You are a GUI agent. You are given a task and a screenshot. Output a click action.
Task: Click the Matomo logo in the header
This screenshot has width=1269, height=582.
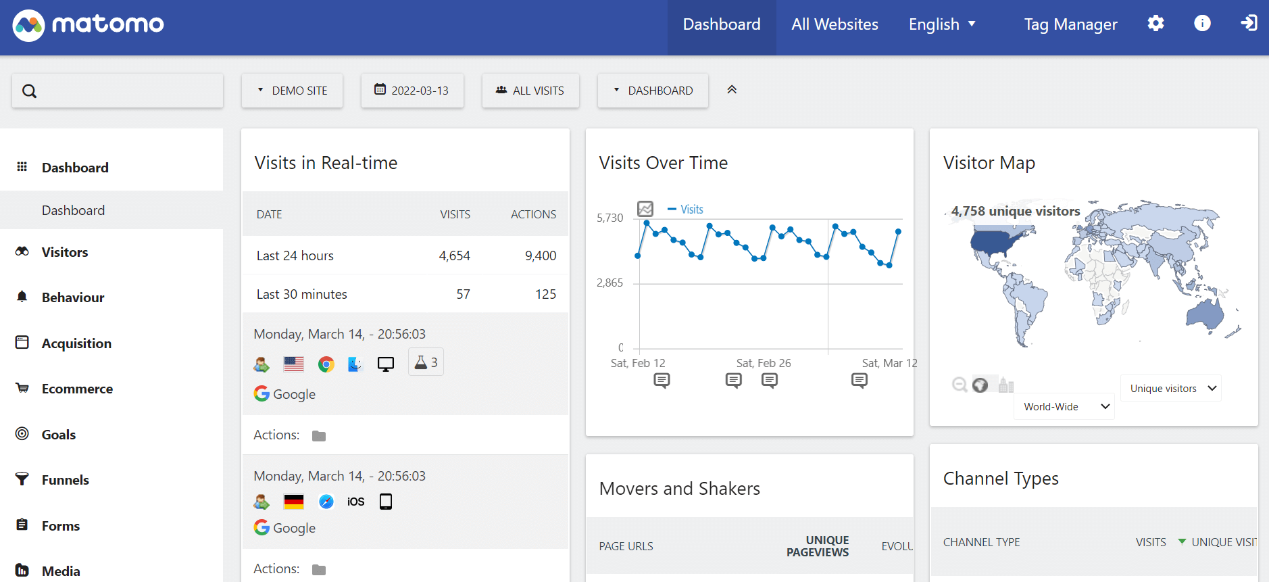[88, 25]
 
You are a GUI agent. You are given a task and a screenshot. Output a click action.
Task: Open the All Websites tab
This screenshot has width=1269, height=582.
[835, 25]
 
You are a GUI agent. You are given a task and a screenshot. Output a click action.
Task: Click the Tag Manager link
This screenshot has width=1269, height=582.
[1070, 25]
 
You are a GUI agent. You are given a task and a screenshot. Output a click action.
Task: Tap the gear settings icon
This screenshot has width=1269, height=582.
[1155, 24]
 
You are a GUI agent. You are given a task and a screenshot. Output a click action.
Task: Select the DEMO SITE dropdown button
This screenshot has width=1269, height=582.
[293, 91]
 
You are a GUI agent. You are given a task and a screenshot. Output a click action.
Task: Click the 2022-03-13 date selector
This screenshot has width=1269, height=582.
[412, 91]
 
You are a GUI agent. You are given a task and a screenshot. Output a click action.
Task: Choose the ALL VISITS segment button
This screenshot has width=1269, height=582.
[530, 91]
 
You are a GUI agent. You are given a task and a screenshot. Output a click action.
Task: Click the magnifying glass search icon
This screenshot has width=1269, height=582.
[29, 91]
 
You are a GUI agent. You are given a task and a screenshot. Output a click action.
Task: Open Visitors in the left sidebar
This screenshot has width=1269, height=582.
[65, 252]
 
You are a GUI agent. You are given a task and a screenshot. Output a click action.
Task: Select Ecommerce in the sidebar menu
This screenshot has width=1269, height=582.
[77, 389]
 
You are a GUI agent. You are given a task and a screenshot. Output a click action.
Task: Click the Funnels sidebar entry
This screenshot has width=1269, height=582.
[65, 480]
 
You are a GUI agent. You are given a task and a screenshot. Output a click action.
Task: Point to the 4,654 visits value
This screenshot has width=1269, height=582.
[454, 256]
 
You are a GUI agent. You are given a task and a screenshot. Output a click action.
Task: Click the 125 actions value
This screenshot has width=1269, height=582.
[545, 294]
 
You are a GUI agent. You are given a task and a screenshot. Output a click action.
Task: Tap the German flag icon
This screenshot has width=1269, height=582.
[294, 502]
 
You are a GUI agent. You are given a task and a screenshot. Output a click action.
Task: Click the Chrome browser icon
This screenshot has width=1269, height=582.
[326, 365]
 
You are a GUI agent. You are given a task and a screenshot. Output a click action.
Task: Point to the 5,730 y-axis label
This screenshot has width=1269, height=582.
[609, 218]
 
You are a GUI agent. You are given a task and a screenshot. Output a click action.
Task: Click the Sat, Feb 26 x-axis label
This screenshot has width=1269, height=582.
[764, 363]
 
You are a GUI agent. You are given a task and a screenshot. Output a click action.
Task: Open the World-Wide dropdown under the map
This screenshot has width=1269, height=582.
[1064, 406]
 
